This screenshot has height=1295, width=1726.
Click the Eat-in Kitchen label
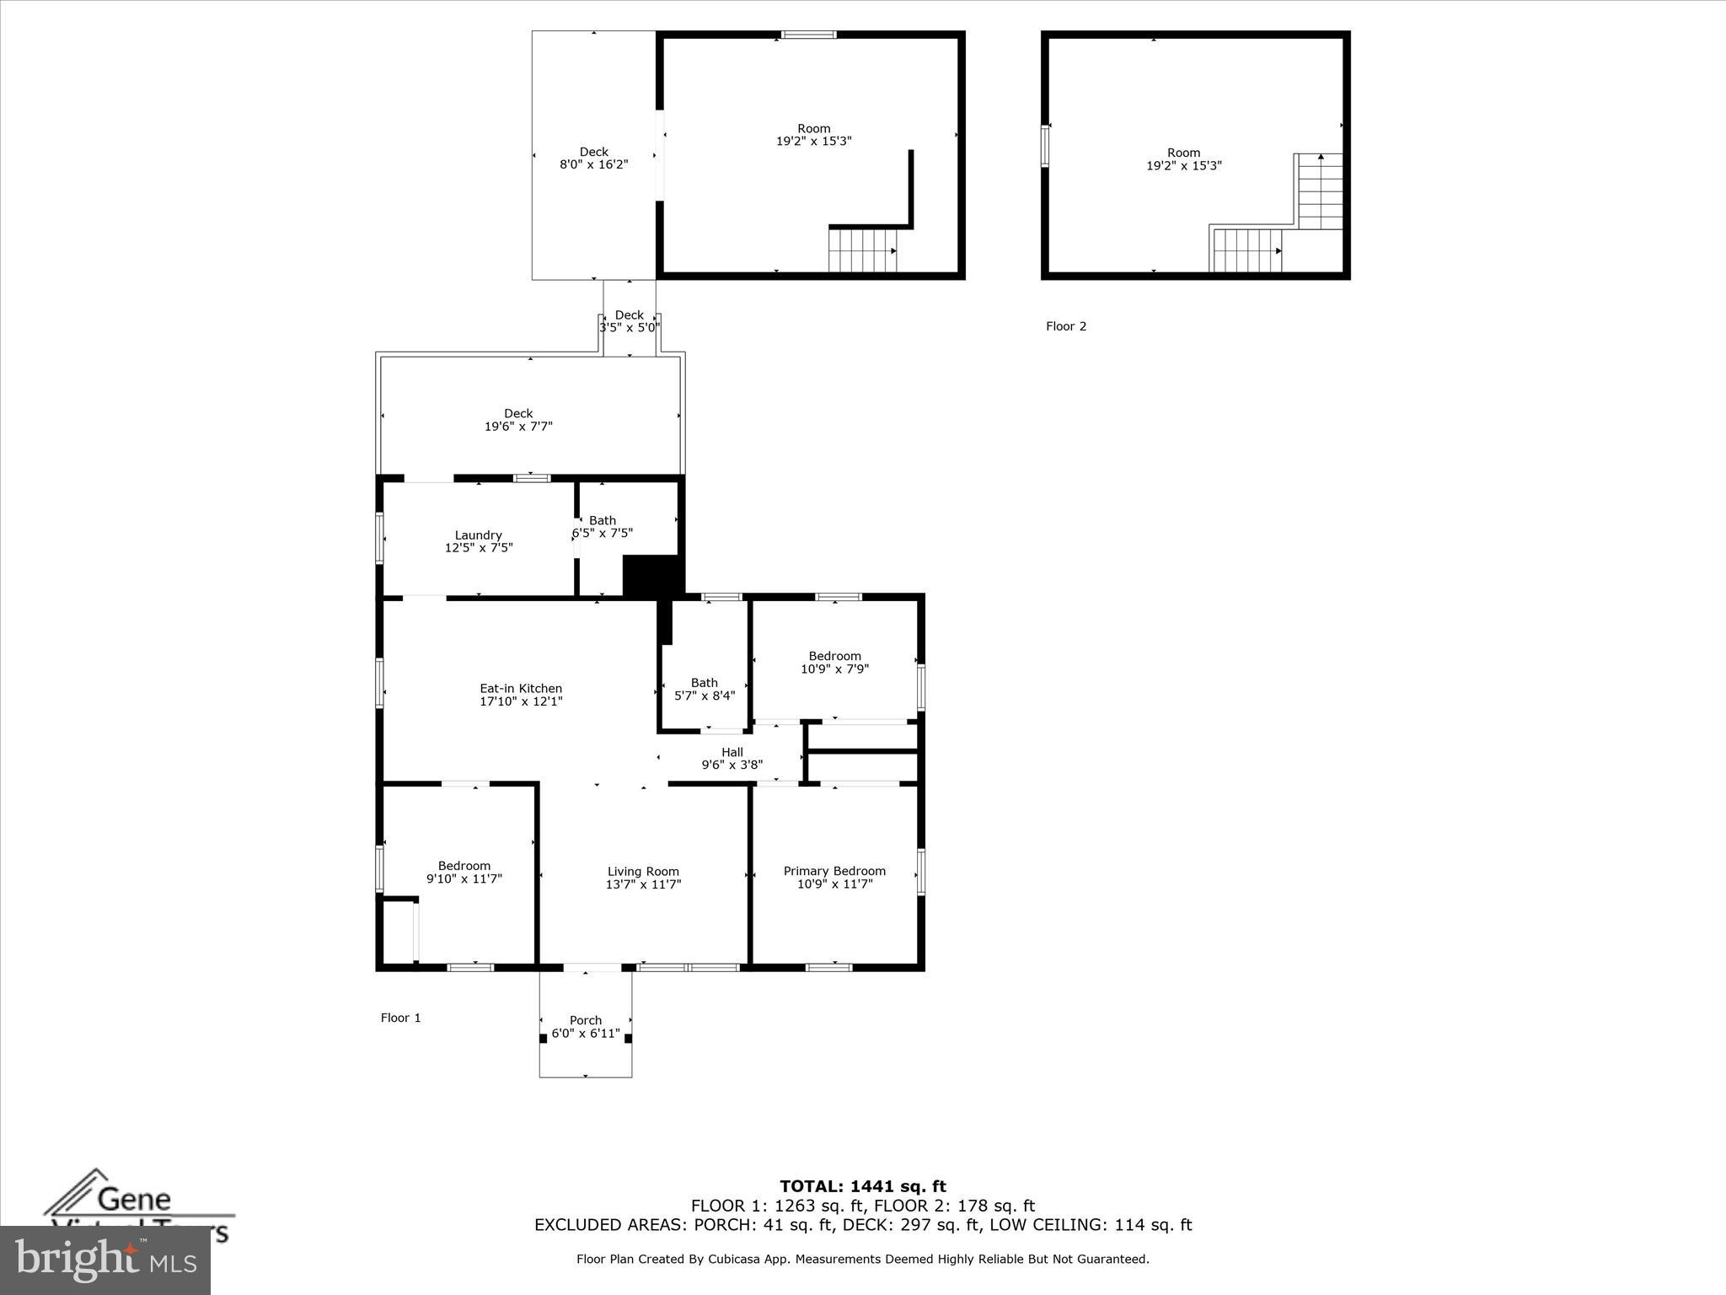pyautogui.click(x=521, y=688)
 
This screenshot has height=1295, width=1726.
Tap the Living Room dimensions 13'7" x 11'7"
pyautogui.click(x=643, y=884)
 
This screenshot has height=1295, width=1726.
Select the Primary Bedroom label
pyautogui.click(x=834, y=871)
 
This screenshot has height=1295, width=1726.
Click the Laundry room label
pyautogui.click(x=478, y=535)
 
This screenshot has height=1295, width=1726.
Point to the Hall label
pyautogui.click(x=732, y=752)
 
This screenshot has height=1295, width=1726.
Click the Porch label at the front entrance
pyautogui.click(x=585, y=1020)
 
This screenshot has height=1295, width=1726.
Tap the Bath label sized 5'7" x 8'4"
pyautogui.click(x=704, y=683)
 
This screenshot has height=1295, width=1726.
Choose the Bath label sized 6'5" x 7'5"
pyautogui.click(x=602, y=520)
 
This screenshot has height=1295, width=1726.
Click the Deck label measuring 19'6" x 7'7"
pyautogui.click(x=518, y=413)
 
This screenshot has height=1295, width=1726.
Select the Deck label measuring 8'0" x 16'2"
pyautogui.click(x=593, y=152)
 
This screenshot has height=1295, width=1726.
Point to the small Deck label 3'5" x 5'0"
pyautogui.click(x=629, y=315)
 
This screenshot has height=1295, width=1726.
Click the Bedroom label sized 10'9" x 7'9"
pyautogui.click(x=834, y=656)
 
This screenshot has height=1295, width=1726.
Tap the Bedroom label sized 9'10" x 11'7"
pyautogui.click(x=464, y=866)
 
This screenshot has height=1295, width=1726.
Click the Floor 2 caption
pyautogui.click(x=1065, y=326)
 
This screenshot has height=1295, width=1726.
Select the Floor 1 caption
pyautogui.click(x=400, y=1018)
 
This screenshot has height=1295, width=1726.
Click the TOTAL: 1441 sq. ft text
pyautogui.click(x=862, y=1187)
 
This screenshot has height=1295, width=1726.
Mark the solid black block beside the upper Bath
pyautogui.click(x=651, y=577)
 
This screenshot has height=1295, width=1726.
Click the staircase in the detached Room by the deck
pyautogui.click(x=862, y=251)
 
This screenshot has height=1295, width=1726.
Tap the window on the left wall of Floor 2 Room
pyautogui.click(x=1045, y=145)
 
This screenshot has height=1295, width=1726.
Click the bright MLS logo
pyautogui.click(x=105, y=1260)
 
